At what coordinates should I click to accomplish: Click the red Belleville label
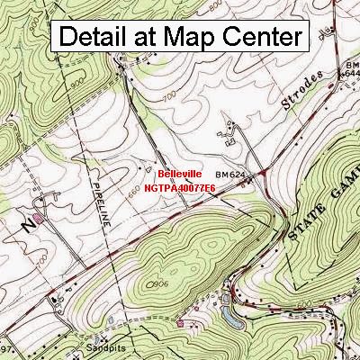(180, 174)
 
